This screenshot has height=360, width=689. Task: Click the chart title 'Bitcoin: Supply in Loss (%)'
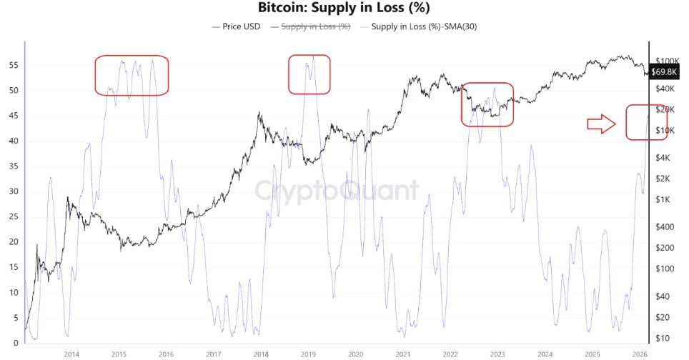coord(344,8)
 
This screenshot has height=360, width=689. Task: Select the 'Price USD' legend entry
coord(239,26)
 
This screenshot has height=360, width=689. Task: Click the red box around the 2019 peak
coord(309,74)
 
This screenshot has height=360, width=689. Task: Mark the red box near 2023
coord(487,104)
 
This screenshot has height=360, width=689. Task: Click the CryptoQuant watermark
coord(337,191)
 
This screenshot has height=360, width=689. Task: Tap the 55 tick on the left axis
coord(12,65)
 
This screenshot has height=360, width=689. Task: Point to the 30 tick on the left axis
coord(12,191)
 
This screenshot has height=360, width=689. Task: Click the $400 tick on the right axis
coord(665,226)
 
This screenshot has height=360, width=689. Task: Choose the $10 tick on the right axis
coord(664,338)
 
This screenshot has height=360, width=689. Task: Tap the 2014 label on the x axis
coord(71,354)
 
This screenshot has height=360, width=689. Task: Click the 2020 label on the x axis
coord(355,354)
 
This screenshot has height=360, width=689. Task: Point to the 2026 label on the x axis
coord(640,354)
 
